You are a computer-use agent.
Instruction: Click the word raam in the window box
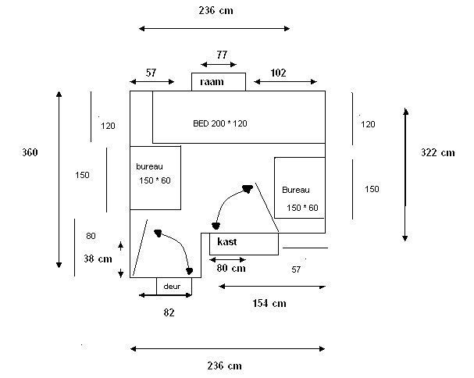[212, 82]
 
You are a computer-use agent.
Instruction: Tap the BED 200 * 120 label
[220, 123]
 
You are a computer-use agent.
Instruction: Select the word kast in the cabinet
[227, 241]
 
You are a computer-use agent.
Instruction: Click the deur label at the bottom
[172, 287]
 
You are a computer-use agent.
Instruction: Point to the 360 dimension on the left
[30, 152]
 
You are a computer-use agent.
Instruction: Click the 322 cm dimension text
[438, 152]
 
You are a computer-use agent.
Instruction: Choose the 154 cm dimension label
[269, 303]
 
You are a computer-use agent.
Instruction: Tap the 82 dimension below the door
[169, 312]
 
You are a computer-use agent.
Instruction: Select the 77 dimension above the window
[222, 55]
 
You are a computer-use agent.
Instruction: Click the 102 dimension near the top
[278, 73]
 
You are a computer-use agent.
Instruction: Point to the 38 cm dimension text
[98, 259]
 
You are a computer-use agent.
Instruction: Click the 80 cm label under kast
[231, 268]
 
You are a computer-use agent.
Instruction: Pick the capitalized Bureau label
[296, 190]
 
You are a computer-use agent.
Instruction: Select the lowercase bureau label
[150, 166]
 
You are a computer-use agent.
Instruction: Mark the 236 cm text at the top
[216, 11]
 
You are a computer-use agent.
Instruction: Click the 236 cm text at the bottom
[225, 366]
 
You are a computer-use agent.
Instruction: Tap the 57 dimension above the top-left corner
[151, 73]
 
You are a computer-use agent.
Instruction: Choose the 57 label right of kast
[296, 269]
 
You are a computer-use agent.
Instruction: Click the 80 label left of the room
[91, 236]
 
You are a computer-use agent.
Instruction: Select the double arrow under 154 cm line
[273, 286]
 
